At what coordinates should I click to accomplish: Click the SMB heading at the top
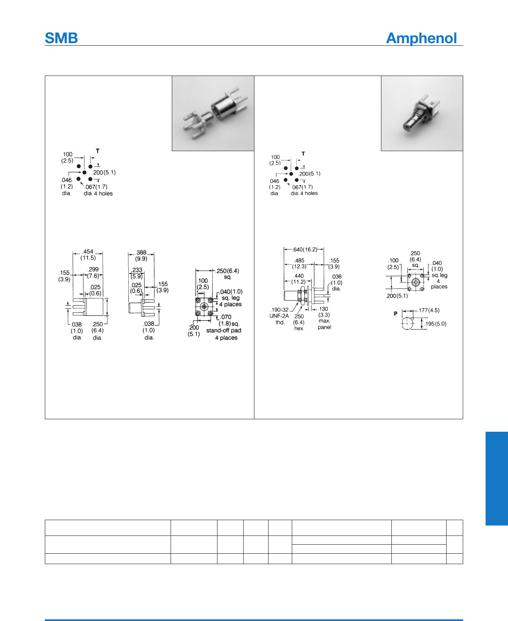(x=61, y=38)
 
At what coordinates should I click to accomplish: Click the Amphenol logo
(x=421, y=38)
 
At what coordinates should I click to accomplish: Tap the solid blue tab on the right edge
(x=496, y=478)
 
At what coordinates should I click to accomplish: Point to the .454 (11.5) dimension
(x=88, y=254)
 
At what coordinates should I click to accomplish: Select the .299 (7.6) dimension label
(x=93, y=272)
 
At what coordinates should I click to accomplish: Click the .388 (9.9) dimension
(x=141, y=255)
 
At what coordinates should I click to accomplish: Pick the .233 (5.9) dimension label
(x=137, y=273)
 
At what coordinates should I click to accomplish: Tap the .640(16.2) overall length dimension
(x=305, y=249)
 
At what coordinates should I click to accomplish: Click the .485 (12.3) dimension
(x=299, y=263)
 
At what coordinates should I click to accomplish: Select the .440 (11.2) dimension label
(x=298, y=279)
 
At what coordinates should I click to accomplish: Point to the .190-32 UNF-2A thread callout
(x=279, y=315)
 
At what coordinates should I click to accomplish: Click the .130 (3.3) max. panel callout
(x=324, y=318)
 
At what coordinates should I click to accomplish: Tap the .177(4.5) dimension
(x=429, y=310)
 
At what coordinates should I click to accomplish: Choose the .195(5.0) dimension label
(x=435, y=324)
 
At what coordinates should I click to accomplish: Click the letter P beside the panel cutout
(x=396, y=313)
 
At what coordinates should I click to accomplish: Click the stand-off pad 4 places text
(x=224, y=334)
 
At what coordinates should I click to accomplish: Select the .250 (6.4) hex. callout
(x=299, y=322)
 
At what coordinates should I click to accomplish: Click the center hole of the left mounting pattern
(x=84, y=172)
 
